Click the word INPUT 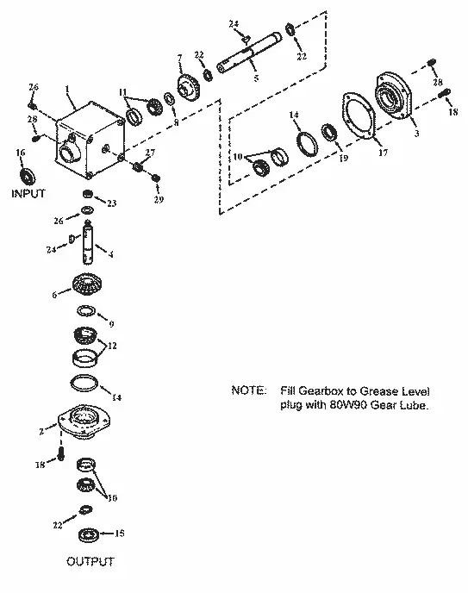click(28, 194)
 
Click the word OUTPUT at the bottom click(90, 562)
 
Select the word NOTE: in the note click(249, 390)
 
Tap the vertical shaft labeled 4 click(88, 244)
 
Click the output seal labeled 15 click(90, 534)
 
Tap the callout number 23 click(112, 203)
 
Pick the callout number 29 click(158, 200)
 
